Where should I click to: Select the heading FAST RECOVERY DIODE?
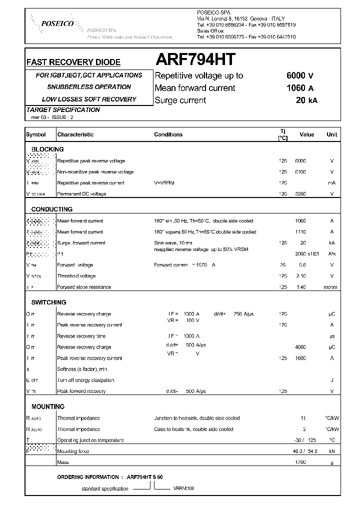[73, 62]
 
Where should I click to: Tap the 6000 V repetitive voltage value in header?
[299, 76]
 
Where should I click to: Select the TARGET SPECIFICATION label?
[62, 110]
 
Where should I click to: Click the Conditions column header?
[168, 134]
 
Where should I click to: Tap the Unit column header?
[331, 134]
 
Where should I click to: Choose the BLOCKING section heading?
[47, 149]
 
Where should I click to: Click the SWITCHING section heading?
[48, 302]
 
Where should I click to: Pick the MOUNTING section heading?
[48, 407]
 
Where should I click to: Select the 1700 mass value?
[300, 462]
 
